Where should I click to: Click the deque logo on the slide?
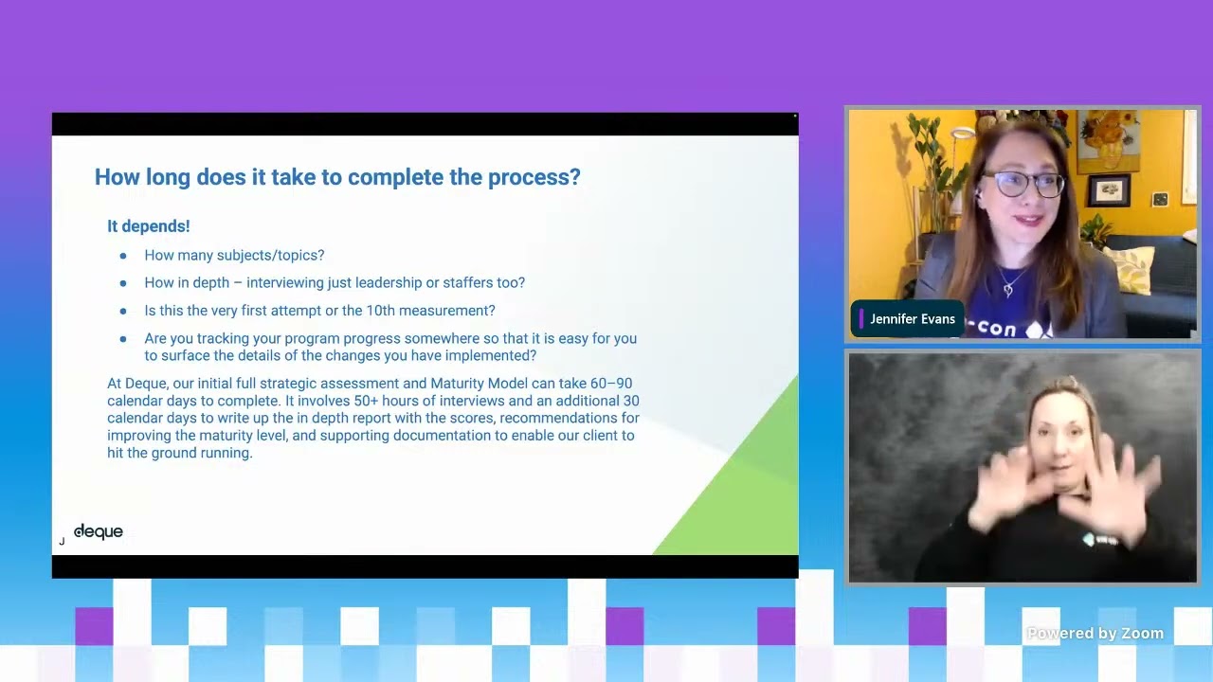98,531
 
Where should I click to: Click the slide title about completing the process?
337,177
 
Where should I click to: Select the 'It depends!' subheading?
149,226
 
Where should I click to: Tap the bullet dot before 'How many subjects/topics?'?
123,256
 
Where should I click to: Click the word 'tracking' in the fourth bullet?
222,339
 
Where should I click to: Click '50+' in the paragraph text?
366,401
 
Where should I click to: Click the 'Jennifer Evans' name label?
913,319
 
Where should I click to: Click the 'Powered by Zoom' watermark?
1095,634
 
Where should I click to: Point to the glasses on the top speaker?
1023,184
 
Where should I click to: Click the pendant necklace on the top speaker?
1007,291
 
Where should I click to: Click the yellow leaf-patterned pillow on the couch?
1131,269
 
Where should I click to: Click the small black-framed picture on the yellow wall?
1109,190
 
